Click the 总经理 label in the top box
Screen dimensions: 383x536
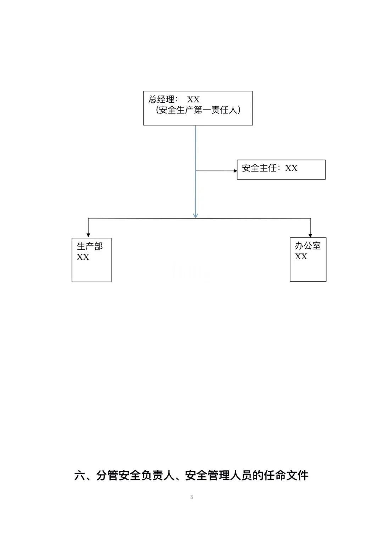click(x=161, y=99)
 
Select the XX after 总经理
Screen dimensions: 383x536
click(x=193, y=100)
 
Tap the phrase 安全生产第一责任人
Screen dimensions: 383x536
click(x=198, y=110)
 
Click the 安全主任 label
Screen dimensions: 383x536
click(x=259, y=168)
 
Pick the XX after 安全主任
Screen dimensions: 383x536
click(x=291, y=168)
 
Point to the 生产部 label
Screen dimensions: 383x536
click(x=90, y=246)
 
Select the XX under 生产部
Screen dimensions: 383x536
click(x=83, y=257)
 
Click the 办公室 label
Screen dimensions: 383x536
click(x=307, y=246)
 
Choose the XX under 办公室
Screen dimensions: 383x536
click(x=301, y=256)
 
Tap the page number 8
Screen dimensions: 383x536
click(x=191, y=497)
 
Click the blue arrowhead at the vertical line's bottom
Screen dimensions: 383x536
click(x=195, y=215)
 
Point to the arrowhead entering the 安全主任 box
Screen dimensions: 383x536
click(x=235, y=171)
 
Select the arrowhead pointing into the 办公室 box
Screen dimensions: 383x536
click(x=310, y=236)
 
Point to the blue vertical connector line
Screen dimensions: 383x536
click(x=195, y=171)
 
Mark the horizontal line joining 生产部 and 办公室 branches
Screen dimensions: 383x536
click(x=199, y=218)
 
